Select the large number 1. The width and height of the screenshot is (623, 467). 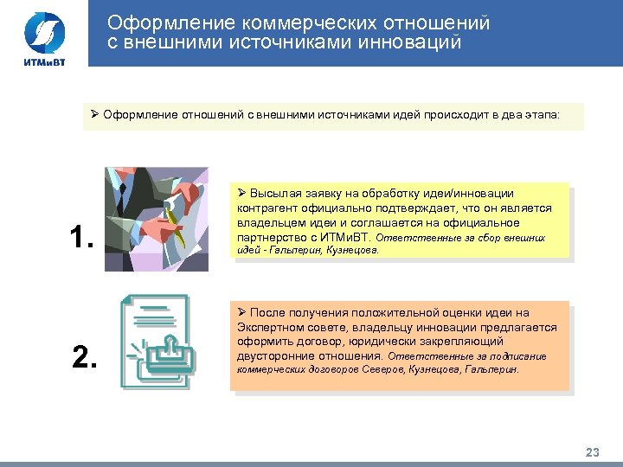(x=80, y=237)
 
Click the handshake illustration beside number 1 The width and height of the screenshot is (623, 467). (x=157, y=219)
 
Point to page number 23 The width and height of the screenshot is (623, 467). (x=593, y=452)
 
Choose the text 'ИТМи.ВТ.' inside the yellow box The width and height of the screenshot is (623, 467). (x=345, y=235)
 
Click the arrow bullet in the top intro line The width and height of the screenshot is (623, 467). (x=95, y=114)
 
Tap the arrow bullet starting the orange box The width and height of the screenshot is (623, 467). (x=242, y=313)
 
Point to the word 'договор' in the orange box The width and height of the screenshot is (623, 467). (x=310, y=341)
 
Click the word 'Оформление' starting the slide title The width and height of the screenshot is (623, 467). (x=158, y=22)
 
